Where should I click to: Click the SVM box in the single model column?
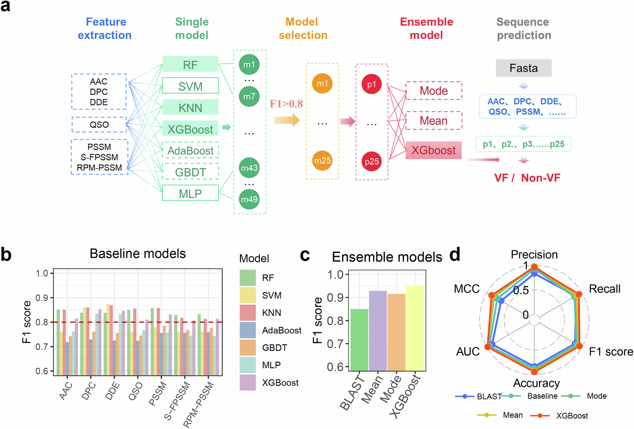pos(190,86)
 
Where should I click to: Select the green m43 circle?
pos(249,168)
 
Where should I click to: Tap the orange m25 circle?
pos(322,161)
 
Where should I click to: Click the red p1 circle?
pos(371,84)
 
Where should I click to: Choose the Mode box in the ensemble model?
pos(433,91)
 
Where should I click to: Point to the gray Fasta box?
pos(523,68)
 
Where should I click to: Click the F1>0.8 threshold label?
pos(286,104)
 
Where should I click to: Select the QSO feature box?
pos(99,125)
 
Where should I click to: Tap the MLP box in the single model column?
pos(190,193)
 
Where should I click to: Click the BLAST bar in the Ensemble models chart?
pos(359,340)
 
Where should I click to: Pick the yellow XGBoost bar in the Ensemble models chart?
pos(415,328)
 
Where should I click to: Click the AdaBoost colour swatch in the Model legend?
pos(248,330)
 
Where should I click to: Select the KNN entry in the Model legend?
pos(271,313)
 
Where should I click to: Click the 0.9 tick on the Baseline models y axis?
pos(42,298)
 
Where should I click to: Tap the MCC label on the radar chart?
pos(466,289)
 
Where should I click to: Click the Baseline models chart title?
pos(137,254)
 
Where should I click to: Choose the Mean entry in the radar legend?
pos(513,415)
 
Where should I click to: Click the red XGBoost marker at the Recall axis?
pos(579,294)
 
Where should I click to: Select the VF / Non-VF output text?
pos(527,178)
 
